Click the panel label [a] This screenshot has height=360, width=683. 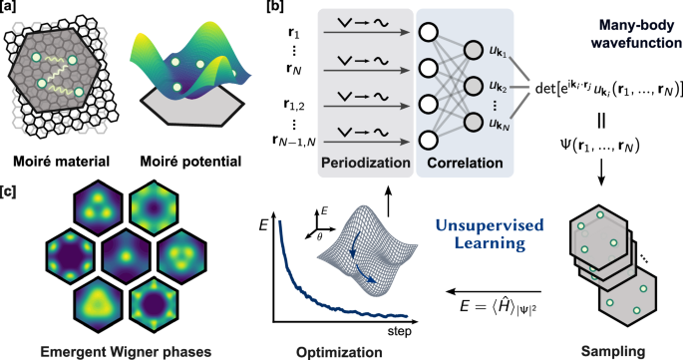(13, 9)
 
